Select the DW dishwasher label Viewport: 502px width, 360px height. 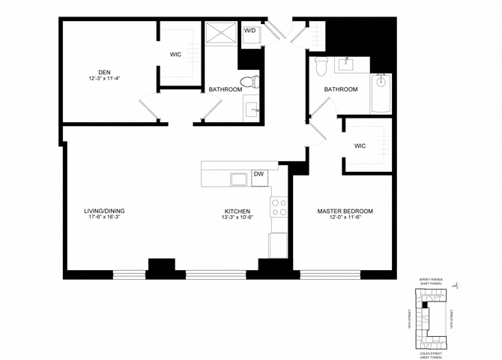point(258,174)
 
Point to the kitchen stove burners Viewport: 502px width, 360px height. point(279,207)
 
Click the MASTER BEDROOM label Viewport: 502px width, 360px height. point(345,211)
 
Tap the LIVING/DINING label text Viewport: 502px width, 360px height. point(104,211)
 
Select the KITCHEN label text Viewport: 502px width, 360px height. point(236,211)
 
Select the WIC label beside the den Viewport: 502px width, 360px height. point(176,55)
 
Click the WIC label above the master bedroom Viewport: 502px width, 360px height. point(360,145)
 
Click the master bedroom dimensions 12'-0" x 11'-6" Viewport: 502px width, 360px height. point(345,218)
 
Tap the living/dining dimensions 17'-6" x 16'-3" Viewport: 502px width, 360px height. point(104,218)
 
